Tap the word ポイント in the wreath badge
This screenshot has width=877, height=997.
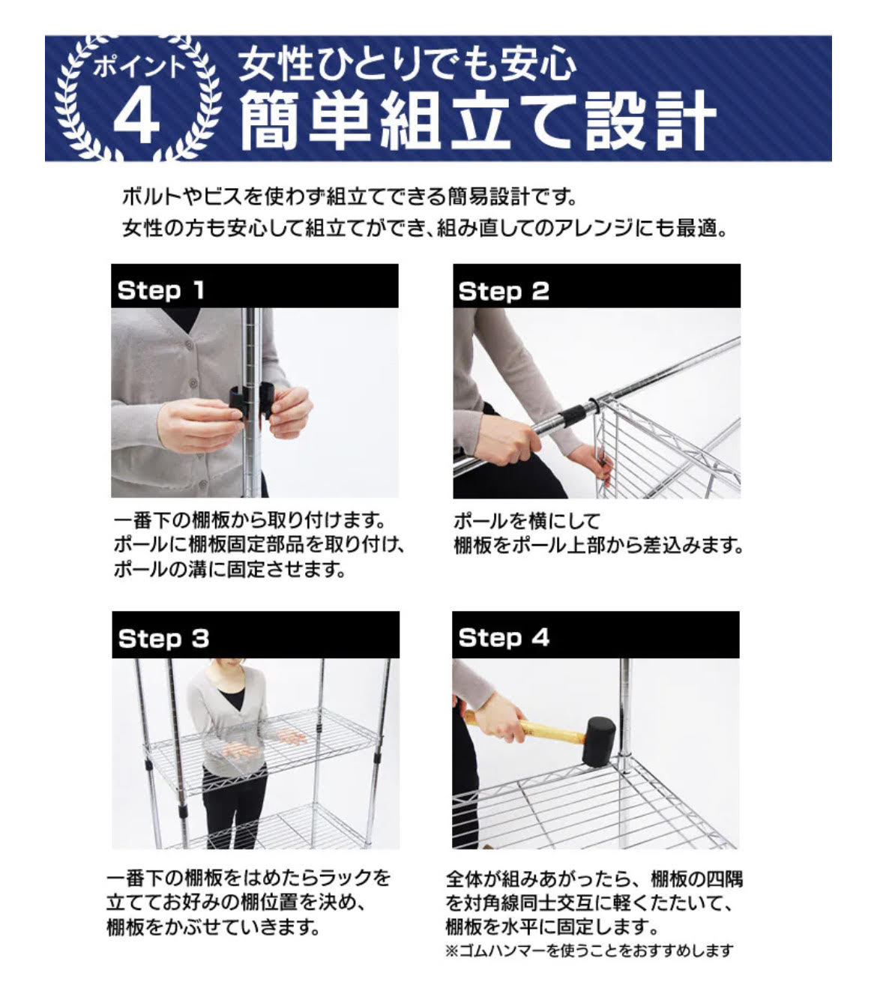click(139, 66)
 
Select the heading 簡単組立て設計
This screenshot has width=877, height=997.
click(477, 121)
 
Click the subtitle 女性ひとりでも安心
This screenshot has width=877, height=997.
click(407, 64)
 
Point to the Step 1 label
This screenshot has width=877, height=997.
click(160, 290)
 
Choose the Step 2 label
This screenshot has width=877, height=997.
click(504, 292)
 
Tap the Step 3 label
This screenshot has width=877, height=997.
click(163, 639)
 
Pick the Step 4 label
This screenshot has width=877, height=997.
click(504, 638)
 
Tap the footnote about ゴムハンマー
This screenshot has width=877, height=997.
click(589, 951)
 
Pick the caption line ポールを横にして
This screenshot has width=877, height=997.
click(527, 522)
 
